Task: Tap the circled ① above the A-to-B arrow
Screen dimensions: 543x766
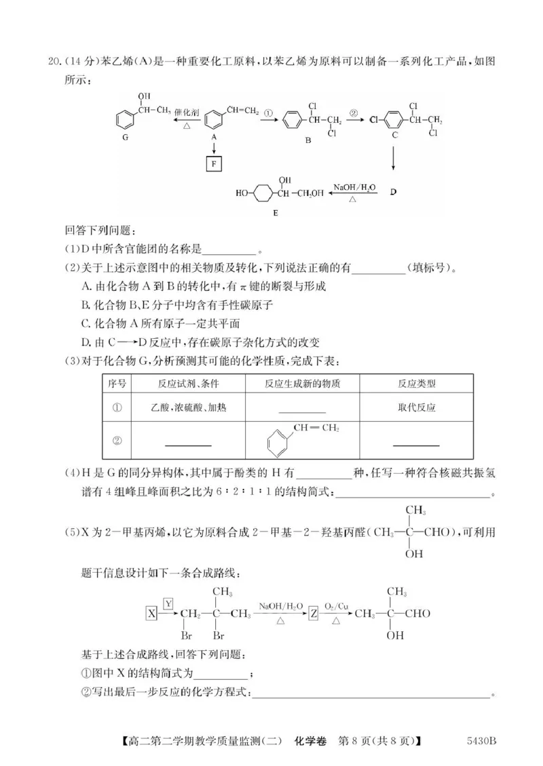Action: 268,113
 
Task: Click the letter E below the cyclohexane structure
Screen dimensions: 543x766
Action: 276,212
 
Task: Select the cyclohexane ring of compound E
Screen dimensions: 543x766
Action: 261,193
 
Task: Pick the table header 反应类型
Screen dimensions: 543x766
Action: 417,384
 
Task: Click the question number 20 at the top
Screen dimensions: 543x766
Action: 56,62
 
